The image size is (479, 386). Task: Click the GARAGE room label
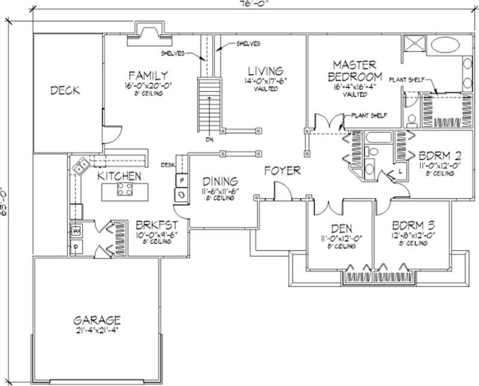point(98,319)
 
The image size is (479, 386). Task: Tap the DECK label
point(65,91)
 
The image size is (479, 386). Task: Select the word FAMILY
point(147,75)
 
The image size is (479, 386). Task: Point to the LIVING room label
point(264,71)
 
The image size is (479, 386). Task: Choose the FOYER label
point(283,171)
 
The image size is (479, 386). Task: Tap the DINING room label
point(220,180)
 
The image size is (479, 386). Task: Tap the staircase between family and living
point(209,105)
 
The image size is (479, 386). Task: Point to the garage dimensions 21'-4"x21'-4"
point(98,330)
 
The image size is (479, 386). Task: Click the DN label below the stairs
point(209,141)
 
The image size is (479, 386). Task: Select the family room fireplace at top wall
point(148,32)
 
